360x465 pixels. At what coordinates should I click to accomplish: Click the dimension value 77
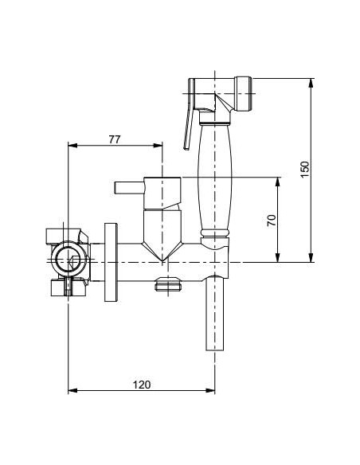click(x=114, y=139)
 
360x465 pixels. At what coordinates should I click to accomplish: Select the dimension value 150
click(x=305, y=170)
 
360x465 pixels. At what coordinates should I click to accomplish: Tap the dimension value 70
click(x=272, y=220)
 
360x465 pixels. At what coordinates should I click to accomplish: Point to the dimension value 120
click(x=140, y=384)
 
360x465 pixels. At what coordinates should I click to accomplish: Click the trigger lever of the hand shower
click(x=188, y=119)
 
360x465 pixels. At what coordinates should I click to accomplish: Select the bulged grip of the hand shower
click(x=213, y=175)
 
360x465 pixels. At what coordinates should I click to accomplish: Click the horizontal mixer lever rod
click(x=127, y=188)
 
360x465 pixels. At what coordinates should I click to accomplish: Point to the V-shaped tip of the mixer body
click(x=164, y=255)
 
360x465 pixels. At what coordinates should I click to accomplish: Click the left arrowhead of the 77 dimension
click(x=72, y=146)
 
